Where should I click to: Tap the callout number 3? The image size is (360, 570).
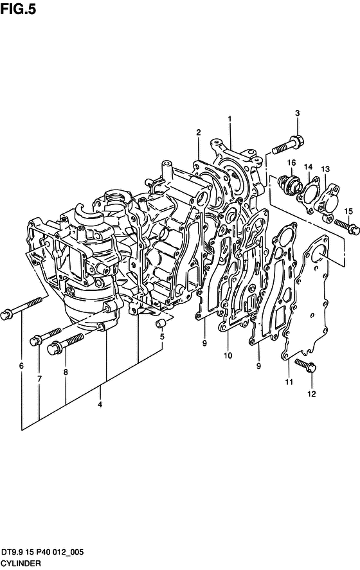297,113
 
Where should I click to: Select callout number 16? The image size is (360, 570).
291,163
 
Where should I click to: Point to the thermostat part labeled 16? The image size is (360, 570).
290,184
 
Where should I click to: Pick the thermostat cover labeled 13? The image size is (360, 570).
327,202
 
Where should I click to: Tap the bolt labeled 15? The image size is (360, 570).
347,226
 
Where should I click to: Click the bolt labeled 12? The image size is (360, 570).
305,366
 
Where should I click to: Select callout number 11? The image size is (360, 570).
289,382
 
